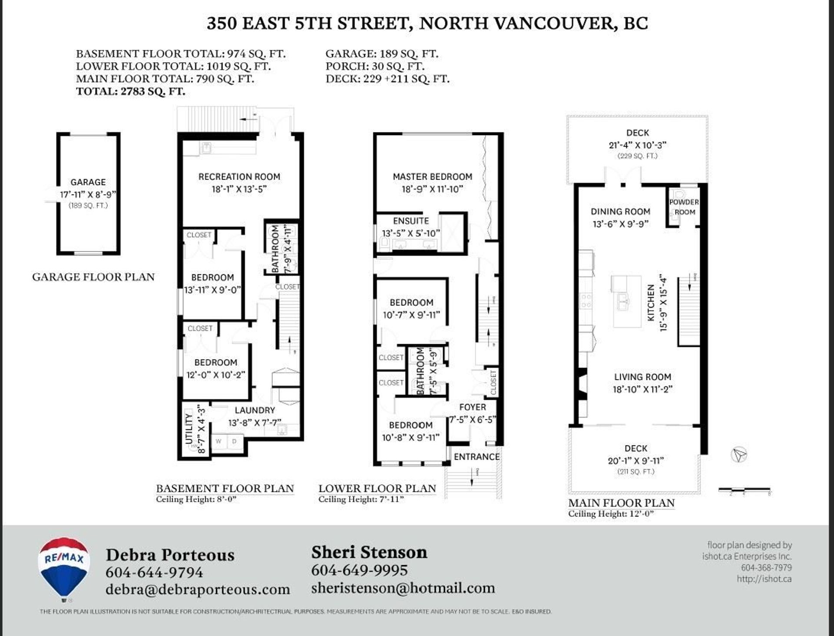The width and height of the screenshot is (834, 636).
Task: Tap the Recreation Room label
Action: [239, 177]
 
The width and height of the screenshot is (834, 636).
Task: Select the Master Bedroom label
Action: [432, 177]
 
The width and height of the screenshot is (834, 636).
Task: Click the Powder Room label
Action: [684, 207]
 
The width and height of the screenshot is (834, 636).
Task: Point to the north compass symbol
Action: [739, 455]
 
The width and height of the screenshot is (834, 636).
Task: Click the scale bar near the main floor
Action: [744, 490]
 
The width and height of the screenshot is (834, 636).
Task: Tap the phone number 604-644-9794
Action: [154, 572]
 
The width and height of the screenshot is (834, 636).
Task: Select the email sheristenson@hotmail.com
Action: [403, 588]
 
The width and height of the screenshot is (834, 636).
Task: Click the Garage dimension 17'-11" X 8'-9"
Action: [88, 194]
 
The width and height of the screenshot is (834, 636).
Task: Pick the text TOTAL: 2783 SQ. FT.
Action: [130, 91]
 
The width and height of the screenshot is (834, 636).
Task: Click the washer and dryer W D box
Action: [226, 442]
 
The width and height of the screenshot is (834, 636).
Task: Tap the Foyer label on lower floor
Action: [473, 407]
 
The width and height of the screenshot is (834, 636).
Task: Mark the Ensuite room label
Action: [410, 221]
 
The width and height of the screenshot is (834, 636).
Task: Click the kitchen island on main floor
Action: [627, 301]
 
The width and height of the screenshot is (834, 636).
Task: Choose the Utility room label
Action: [189, 429]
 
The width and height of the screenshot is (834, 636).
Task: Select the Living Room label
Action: [642, 377]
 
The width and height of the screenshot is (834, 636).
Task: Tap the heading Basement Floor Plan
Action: [225, 488]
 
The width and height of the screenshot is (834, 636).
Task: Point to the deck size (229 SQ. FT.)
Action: [637, 156]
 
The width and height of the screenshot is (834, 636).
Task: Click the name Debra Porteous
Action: [170, 555]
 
